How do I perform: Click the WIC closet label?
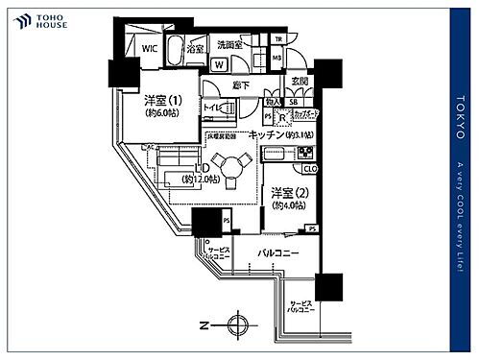149,47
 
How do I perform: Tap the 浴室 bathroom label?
195,47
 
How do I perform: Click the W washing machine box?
220,64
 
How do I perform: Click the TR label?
278,39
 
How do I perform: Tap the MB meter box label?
276,58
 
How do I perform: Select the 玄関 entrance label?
300,82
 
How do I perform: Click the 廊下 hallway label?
240,86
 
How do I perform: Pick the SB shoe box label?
292,102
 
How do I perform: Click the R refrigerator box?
281,119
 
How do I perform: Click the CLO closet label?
312,170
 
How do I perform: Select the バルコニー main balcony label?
279,253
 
